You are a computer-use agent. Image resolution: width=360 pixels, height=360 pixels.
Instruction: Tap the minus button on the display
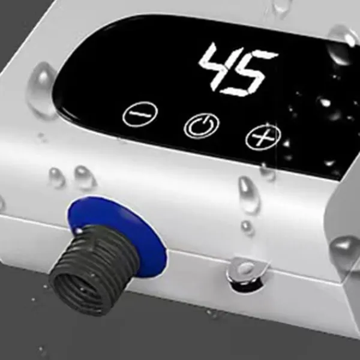pos(140,114)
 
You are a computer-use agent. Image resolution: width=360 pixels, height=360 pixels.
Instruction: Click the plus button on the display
pos(263,137)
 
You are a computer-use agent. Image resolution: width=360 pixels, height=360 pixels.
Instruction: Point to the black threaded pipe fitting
pos(94,270)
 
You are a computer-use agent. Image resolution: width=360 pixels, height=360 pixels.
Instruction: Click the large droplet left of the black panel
pos(42,90)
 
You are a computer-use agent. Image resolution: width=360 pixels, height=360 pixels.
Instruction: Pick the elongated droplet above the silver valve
pos(248,194)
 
